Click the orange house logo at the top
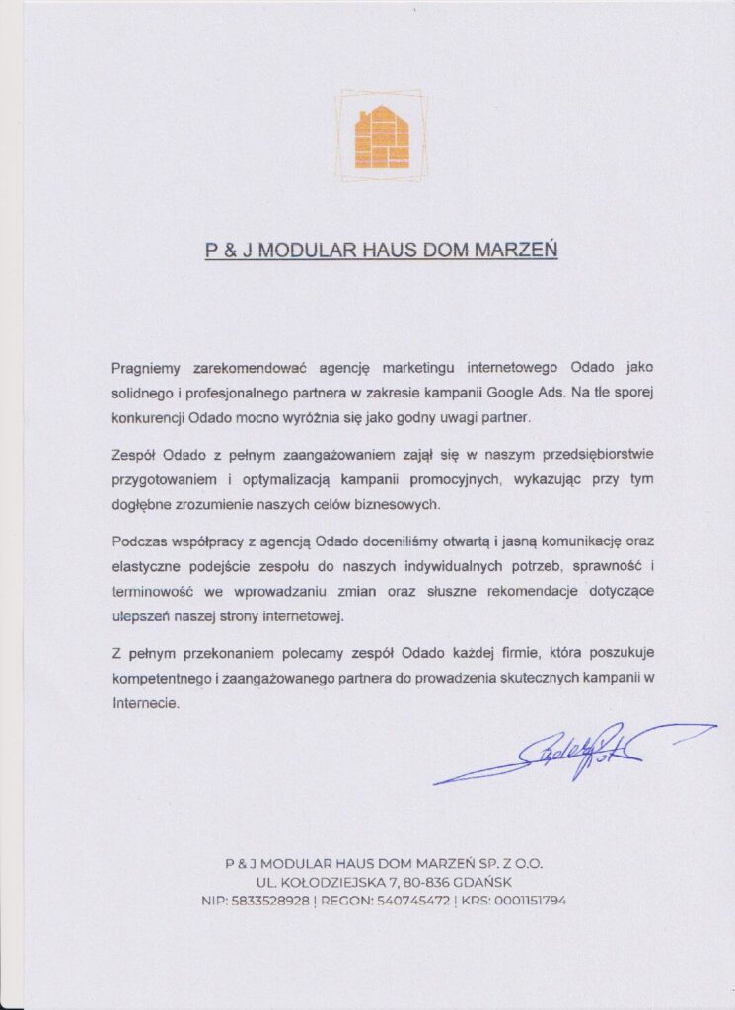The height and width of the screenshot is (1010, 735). point(381,136)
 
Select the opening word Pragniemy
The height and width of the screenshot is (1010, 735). point(145,367)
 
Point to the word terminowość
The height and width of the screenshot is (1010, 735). point(155,590)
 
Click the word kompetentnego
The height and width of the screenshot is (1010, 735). point(162,678)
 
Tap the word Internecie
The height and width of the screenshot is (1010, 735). point(145,703)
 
